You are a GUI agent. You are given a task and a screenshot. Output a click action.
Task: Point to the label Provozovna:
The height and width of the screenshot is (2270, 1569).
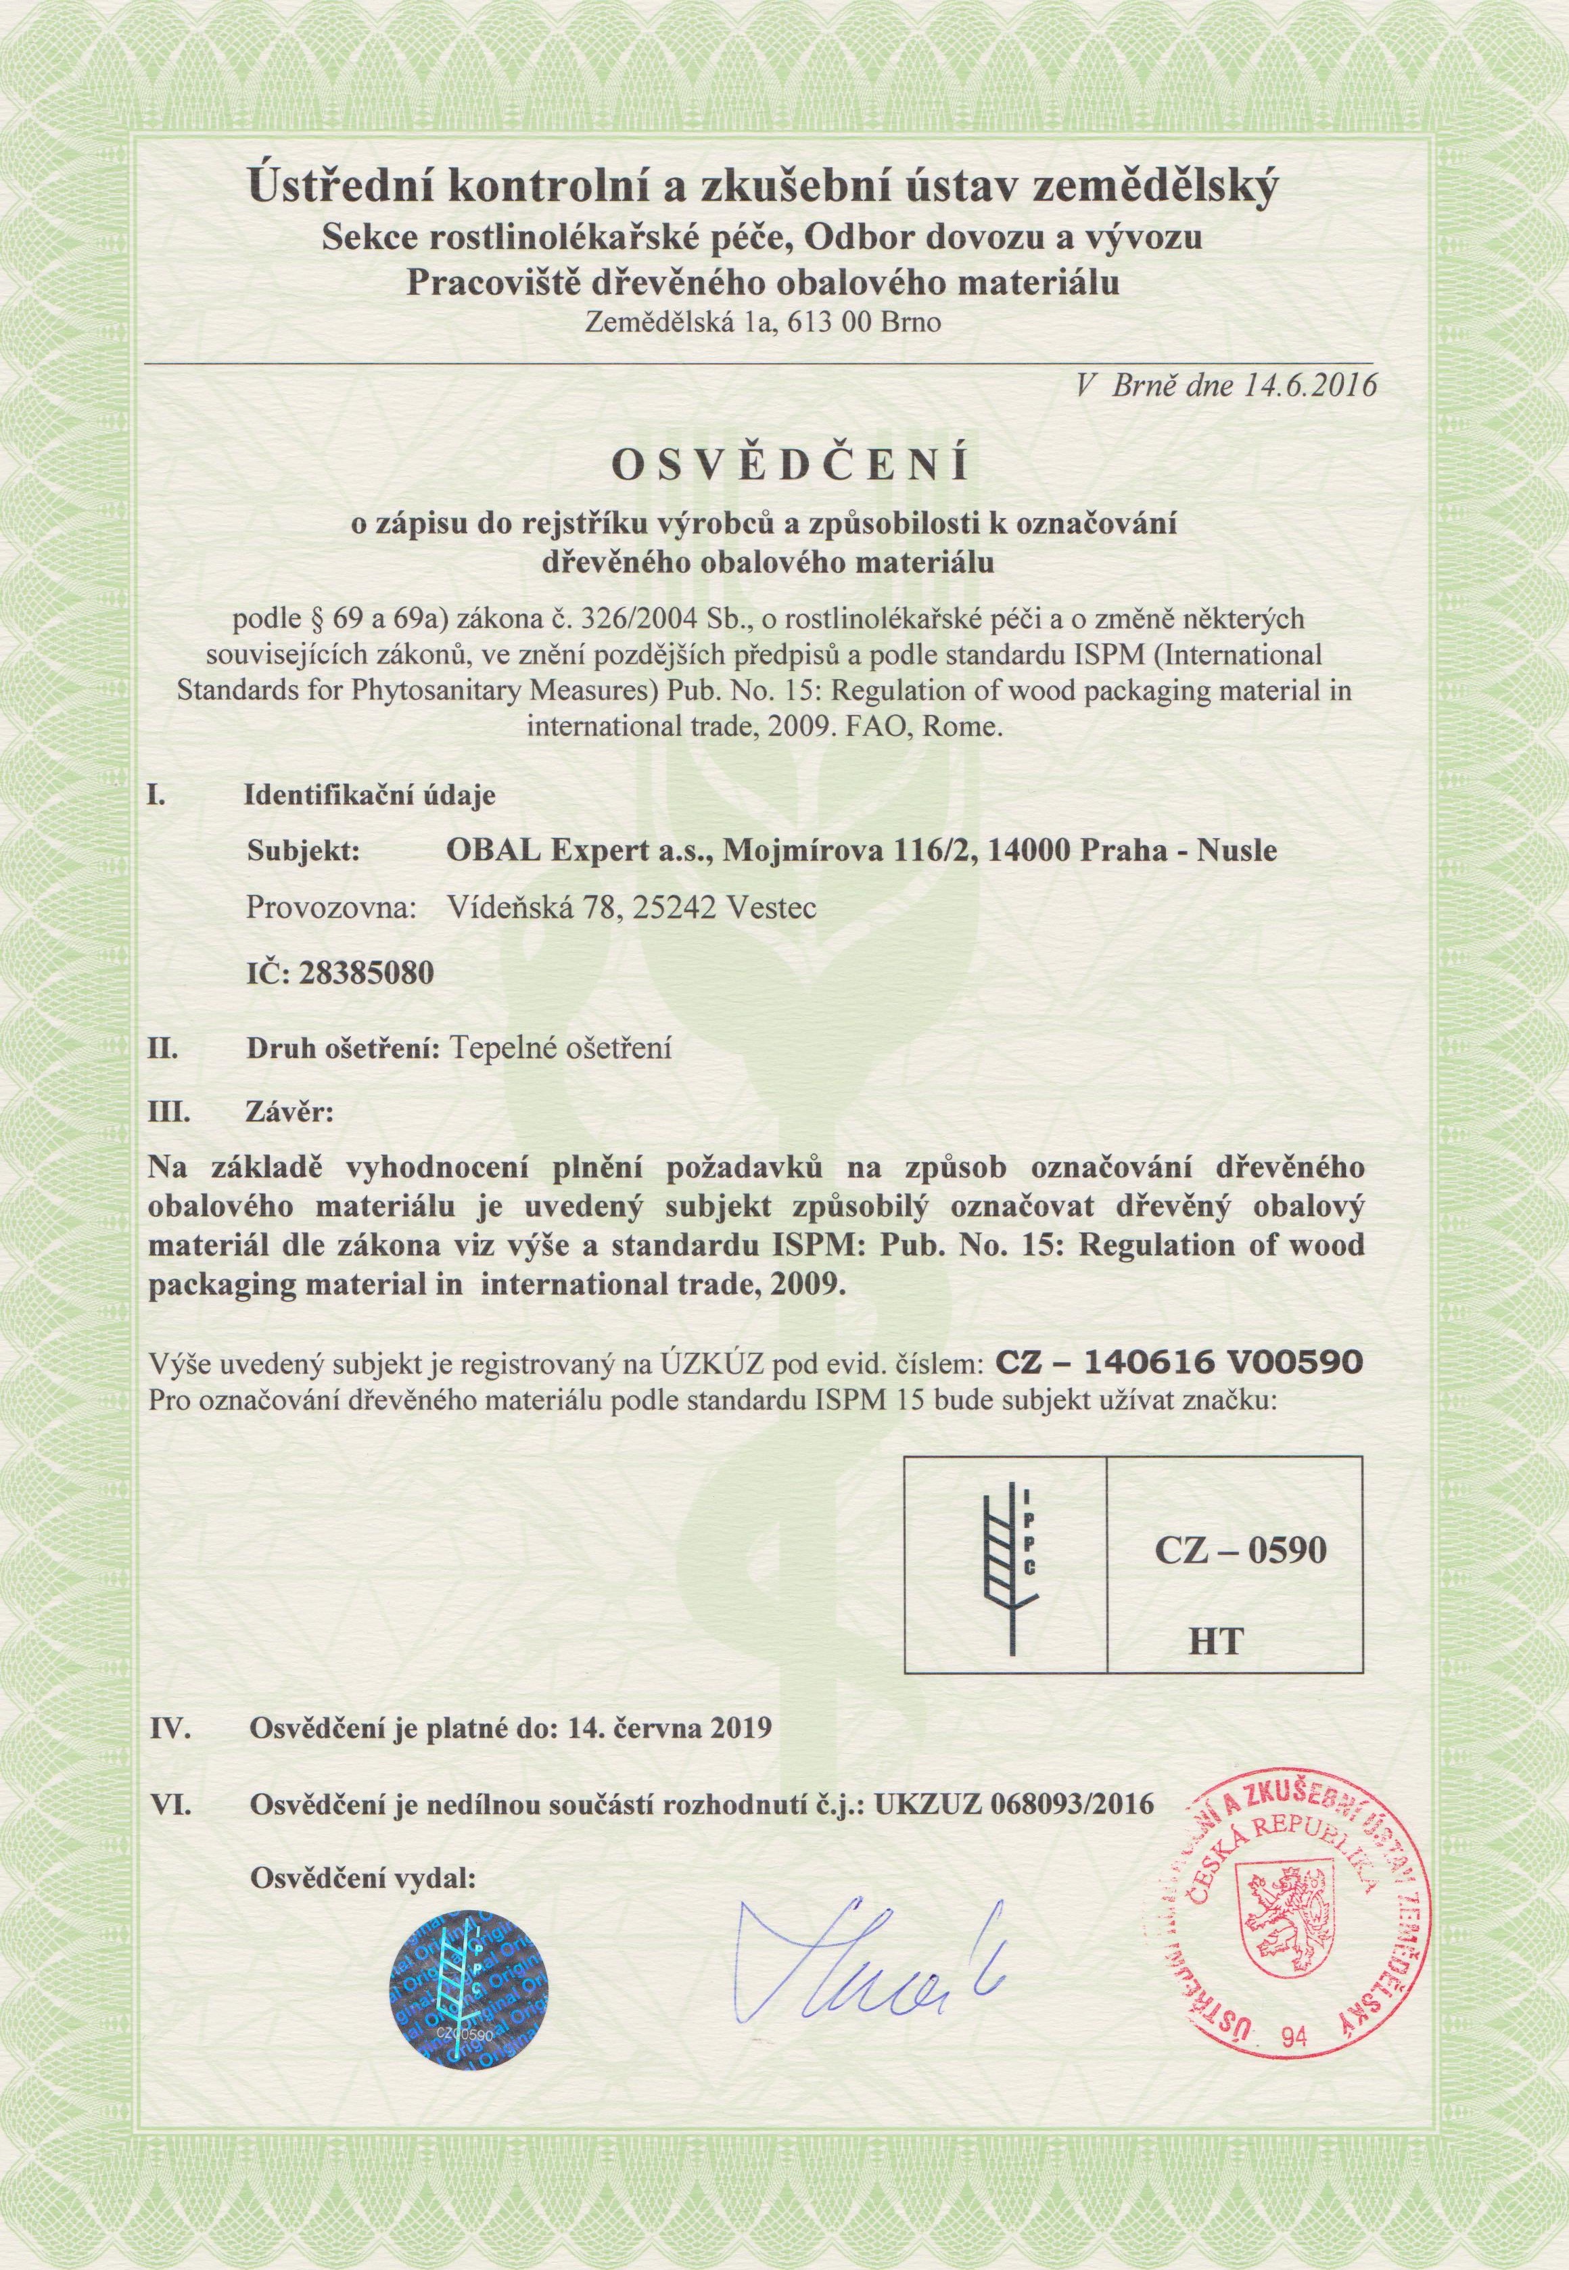[x=330, y=911]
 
